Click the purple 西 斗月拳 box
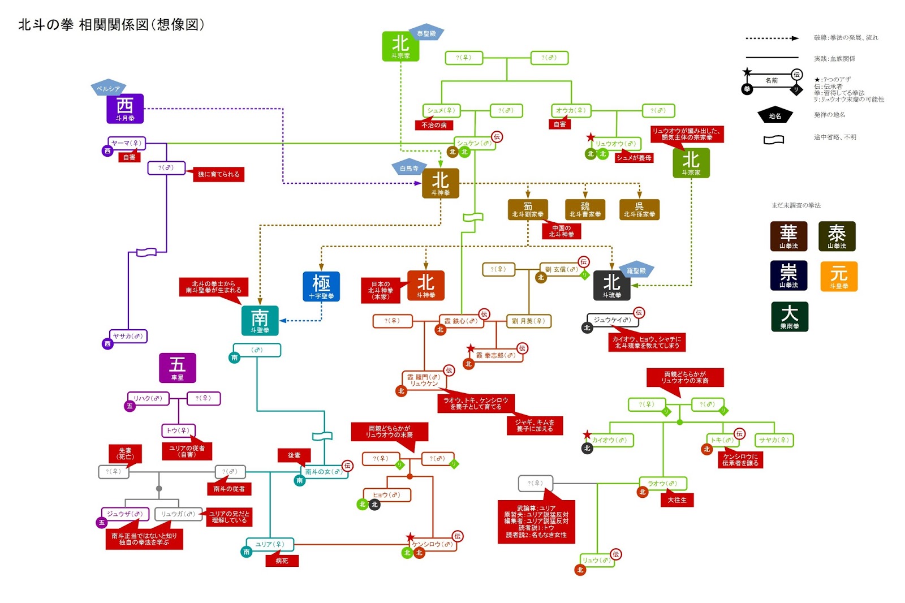125,109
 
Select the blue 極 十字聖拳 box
321,286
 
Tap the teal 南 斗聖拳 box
260,320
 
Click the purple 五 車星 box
177,368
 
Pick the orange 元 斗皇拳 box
838,277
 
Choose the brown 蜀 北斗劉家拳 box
527,209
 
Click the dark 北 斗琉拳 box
611,286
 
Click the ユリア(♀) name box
269,544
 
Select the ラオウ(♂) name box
662,484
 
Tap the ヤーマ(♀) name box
127,143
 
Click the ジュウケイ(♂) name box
612,320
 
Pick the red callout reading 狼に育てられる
218,174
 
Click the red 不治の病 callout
434,125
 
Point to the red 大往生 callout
676,500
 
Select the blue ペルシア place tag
107,88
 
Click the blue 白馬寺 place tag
409,168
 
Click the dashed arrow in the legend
772,38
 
